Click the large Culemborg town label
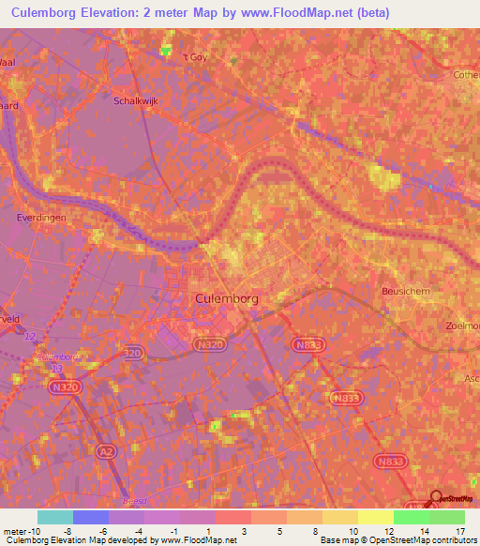(x=227, y=297)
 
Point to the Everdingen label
(x=37, y=216)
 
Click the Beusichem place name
(x=405, y=292)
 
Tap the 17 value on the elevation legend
(x=459, y=530)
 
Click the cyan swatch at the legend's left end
(x=54, y=517)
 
